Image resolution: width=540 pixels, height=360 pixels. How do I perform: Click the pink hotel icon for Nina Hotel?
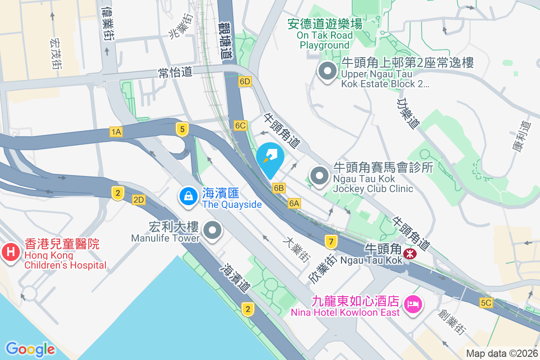tap(413, 304)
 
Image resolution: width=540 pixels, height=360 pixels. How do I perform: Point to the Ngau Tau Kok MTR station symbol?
tap(410, 253)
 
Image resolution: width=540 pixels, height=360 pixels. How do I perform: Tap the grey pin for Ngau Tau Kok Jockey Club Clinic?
tap(320, 176)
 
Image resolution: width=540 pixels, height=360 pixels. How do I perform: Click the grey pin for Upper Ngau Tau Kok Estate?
tap(327, 71)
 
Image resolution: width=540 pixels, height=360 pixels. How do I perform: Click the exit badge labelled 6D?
tap(245, 81)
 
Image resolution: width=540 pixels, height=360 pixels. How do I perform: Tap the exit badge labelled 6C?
tap(240, 126)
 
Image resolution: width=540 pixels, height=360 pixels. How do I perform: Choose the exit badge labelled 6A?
tap(294, 203)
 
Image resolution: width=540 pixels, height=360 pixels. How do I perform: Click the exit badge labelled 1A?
tap(116, 131)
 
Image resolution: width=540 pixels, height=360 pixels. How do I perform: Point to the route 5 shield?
tap(182, 130)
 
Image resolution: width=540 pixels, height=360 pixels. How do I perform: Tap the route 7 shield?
tap(331, 242)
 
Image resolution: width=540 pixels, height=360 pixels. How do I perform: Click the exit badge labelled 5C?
tap(486, 303)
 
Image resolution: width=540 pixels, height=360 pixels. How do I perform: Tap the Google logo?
tap(30, 349)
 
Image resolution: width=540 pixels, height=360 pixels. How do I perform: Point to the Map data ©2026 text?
tap(502, 353)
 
